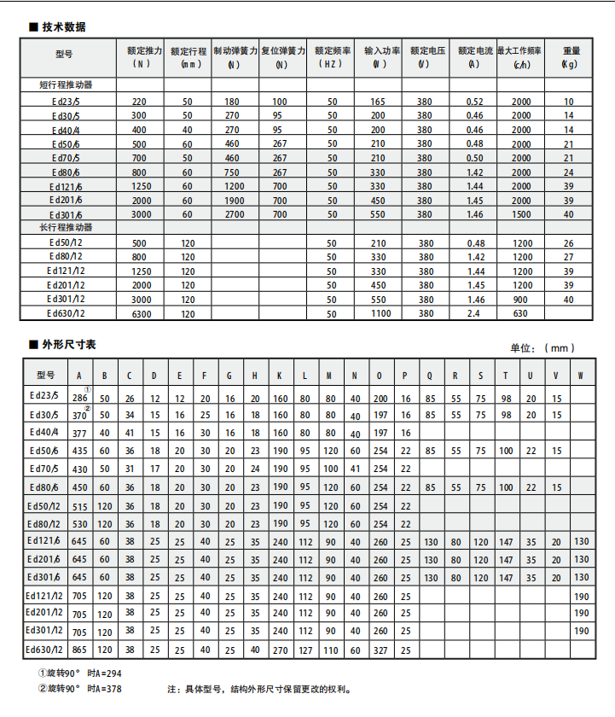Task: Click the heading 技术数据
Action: click(x=63, y=27)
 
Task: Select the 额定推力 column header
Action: click(x=140, y=56)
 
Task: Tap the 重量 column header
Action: click(x=568, y=56)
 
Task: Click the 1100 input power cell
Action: click(x=380, y=313)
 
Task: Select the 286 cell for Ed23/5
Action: click(x=80, y=398)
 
